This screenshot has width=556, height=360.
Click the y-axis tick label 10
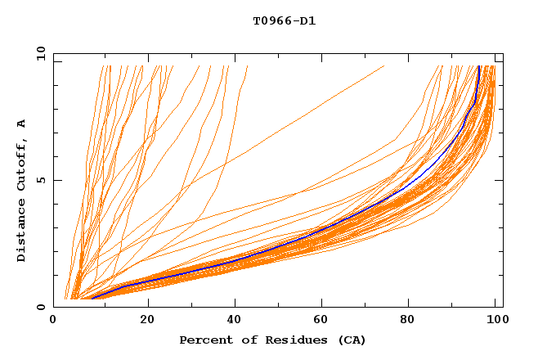[38, 54]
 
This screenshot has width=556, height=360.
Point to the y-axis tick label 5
[43, 180]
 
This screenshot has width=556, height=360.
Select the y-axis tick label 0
[43, 307]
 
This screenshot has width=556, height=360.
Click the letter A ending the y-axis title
[22, 123]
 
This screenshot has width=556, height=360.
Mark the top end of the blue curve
[479, 66]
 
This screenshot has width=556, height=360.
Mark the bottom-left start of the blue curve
[92, 298]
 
